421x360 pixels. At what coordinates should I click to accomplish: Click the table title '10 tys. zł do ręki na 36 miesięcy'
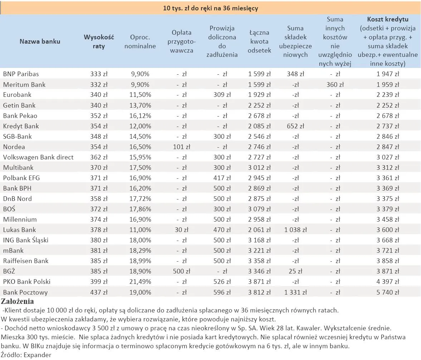point(210,8)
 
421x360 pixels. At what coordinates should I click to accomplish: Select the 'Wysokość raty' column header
point(99,41)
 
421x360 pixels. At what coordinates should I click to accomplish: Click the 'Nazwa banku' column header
point(40,41)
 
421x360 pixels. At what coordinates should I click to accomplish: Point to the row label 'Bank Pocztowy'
point(25,292)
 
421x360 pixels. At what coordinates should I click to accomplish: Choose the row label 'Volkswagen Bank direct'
point(38,157)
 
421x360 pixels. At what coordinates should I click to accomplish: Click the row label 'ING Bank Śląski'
point(26,240)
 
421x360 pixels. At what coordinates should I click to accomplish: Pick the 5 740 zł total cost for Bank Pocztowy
point(387,292)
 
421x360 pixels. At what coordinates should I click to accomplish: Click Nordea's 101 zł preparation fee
point(182,147)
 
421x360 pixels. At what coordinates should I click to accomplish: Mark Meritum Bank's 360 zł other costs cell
point(335,85)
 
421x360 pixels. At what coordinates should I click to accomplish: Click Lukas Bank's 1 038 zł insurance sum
point(295,230)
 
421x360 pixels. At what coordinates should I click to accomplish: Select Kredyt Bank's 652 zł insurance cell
point(295,126)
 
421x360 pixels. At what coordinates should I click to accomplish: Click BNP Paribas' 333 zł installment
point(99,74)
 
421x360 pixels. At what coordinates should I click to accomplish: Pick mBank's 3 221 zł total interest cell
point(259,251)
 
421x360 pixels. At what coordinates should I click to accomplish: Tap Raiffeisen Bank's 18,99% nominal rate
point(140,261)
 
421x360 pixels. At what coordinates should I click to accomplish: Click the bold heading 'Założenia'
point(18,301)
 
